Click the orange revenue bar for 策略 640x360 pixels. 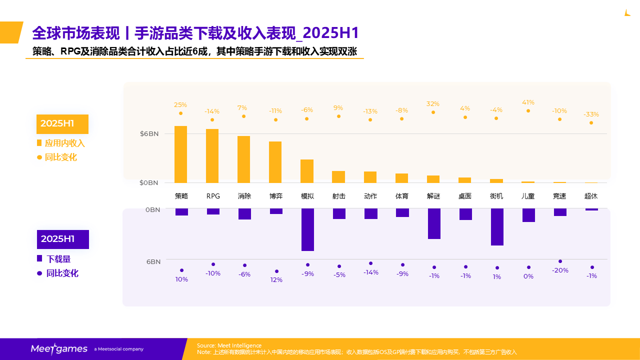tap(181, 154)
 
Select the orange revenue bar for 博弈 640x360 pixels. tap(275, 162)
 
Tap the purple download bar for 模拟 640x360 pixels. tap(307, 229)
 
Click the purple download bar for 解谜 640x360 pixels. tap(434, 223)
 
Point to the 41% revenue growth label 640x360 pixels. tap(528, 102)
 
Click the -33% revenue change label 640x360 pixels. tap(591, 114)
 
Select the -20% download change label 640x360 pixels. tap(560, 270)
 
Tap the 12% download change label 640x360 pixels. tap(276, 280)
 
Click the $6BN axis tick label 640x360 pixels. tap(149, 134)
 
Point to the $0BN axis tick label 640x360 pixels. tap(149, 183)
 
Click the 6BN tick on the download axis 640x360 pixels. tap(153, 262)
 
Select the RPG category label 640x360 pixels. tap(213, 196)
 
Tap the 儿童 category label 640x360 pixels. tap(528, 196)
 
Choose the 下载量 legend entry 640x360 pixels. tap(58, 259)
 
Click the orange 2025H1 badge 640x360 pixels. tap(62, 124)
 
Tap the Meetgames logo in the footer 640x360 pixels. tap(59, 349)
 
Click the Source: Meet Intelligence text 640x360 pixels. tap(229, 345)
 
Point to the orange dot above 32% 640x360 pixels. tap(433, 112)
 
